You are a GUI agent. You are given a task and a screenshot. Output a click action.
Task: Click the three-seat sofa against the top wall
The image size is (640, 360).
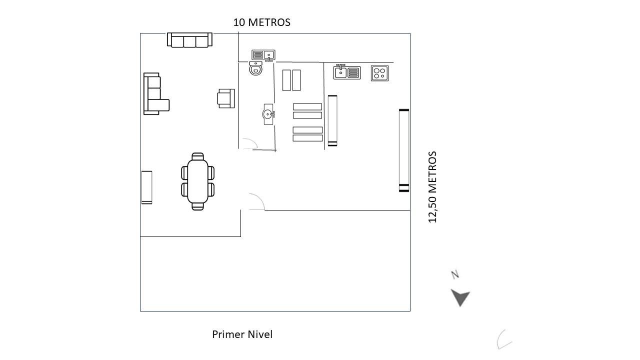pyautogui.click(x=189, y=40)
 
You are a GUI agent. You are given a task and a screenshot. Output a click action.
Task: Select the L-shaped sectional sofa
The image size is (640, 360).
pyautogui.click(x=153, y=95)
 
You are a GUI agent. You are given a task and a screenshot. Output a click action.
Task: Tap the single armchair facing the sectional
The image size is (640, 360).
pyautogui.click(x=226, y=98)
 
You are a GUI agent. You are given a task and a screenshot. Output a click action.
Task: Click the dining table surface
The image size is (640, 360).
pyautogui.click(x=197, y=181)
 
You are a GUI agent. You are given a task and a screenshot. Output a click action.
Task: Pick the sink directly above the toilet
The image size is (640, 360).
pyautogui.click(x=263, y=55)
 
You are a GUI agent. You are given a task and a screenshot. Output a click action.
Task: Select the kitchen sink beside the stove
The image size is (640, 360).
pyautogui.click(x=346, y=72)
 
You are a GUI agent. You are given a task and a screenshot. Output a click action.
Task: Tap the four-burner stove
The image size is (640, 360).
pyautogui.click(x=379, y=73)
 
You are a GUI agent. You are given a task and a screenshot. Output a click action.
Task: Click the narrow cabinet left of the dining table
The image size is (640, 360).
pyautogui.click(x=146, y=187)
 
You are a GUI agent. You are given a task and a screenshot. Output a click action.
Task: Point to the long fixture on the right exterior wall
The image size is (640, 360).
pyautogui.click(x=404, y=150)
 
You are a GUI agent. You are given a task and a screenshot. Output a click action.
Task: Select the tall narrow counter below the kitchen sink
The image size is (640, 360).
pyautogui.click(x=332, y=120)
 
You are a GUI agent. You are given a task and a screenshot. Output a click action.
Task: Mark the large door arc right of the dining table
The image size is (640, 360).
pyautogui.click(x=256, y=201)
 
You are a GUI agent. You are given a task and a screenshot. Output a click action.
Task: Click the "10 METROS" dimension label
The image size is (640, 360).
pyautogui.click(x=261, y=22)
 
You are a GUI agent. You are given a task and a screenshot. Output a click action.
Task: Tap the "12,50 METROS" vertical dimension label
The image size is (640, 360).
pyautogui.click(x=432, y=186)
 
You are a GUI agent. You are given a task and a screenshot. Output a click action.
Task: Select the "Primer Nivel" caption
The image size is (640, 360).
pyautogui.click(x=242, y=334)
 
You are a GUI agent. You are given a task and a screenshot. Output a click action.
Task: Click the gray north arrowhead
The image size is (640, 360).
pyautogui.click(x=460, y=297)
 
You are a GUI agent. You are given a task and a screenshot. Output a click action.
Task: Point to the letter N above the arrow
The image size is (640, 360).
pyautogui.click(x=455, y=274)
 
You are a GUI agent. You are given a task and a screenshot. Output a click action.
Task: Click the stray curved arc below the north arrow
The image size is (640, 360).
pyautogui.click(x=503, y=339)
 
